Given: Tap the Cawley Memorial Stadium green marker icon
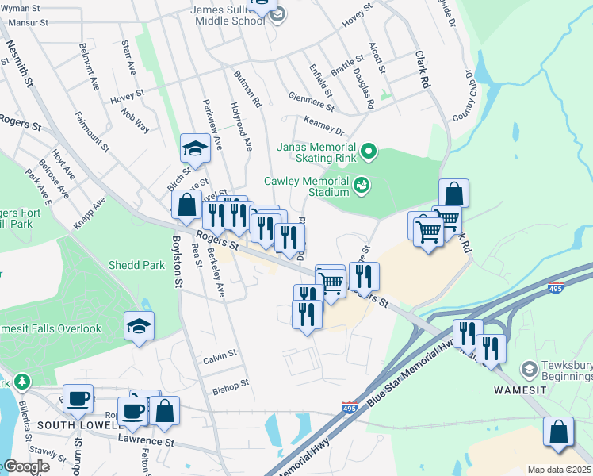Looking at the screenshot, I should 362,184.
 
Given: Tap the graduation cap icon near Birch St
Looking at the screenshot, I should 195,148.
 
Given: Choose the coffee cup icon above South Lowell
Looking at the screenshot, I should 78,399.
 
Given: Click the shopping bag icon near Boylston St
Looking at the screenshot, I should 186,205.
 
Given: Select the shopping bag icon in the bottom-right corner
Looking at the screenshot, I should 558,432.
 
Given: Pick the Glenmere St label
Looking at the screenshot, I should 312,101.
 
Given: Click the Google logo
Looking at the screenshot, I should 25,466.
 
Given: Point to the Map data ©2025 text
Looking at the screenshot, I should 559,470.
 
